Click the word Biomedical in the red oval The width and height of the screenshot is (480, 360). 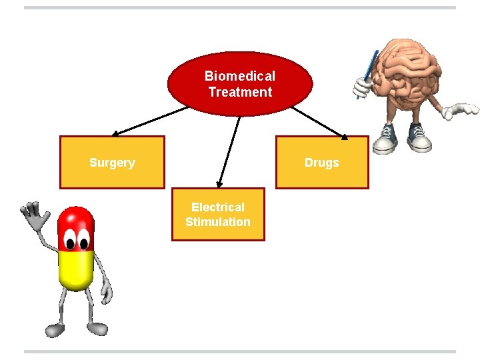coord(240,77)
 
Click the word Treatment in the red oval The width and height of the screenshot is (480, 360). coord(240,92)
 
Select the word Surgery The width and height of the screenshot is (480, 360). coord(112,163)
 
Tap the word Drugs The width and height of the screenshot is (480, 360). coord(322,163)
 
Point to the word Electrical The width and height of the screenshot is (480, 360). coord(218,207)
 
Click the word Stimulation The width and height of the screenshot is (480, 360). coord(218,222)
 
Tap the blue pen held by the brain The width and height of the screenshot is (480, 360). coord(369,73)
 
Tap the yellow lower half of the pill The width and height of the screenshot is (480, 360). coord(75,270)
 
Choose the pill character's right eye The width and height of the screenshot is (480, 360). coord(85,237)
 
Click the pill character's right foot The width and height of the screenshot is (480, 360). coord(97,328)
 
